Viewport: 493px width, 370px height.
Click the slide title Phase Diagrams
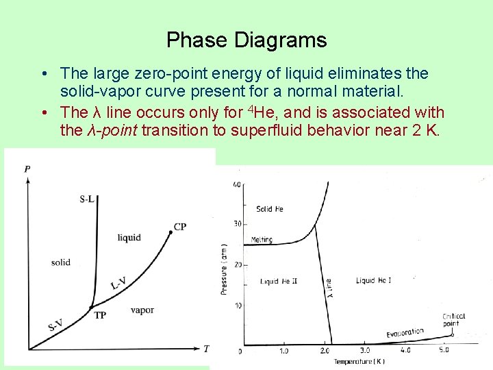(246, 40)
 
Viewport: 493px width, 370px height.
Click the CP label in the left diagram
(180, 227)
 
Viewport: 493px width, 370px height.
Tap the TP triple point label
(100, 316)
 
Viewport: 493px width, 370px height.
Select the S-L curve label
(87, 199)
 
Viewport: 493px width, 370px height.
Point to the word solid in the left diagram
(60, 262)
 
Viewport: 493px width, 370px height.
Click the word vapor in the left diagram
(142, 310)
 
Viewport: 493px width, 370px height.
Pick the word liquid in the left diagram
(129, 238)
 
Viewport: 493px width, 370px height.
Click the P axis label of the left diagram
(27, 169)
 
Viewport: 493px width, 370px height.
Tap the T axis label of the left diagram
(206, 349)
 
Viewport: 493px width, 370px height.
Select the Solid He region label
(269, 209)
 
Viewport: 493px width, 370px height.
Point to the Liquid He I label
(374, 280)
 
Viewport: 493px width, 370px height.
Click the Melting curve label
(261, 240)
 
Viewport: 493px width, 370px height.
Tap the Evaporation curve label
(405, 332)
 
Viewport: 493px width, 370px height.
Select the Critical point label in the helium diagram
(453, 319)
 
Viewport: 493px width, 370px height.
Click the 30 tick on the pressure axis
(237, 224)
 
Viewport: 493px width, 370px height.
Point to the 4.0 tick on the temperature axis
(405, 351)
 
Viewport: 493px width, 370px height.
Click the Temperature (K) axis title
(359, 361)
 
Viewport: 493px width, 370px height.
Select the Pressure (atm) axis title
(224, 269)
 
